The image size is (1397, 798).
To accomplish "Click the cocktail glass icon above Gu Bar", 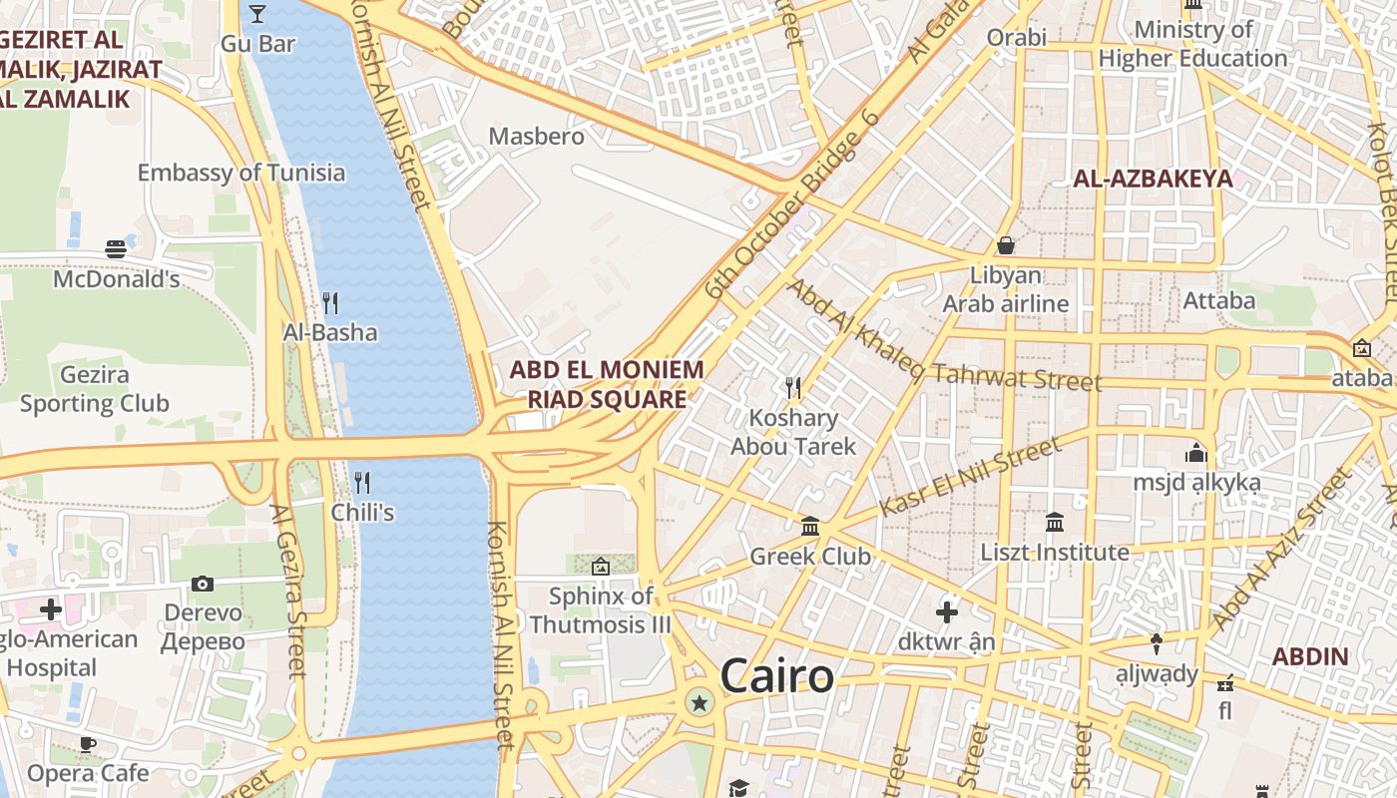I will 257,13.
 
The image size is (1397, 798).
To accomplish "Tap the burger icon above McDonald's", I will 116,248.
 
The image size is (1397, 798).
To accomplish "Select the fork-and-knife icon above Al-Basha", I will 329,302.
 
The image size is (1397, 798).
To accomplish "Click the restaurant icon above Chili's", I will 362,483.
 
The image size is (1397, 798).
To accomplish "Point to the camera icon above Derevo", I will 203,584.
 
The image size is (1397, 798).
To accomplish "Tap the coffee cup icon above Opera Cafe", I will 88,743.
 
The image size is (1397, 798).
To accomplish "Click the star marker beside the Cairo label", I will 699,703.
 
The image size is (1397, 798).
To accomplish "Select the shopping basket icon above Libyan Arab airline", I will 1006,245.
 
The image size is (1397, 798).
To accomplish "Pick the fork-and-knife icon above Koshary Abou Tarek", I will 793,387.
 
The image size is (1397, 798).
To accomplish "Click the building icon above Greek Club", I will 810,526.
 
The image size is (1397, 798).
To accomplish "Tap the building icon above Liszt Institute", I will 1055,522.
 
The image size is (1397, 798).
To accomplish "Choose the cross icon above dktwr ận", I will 947,611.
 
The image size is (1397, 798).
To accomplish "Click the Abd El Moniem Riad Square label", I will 607,384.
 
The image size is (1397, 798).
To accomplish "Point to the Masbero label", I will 536,136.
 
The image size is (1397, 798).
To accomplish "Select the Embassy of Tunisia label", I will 241,173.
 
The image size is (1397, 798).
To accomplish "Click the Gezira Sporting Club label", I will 95,390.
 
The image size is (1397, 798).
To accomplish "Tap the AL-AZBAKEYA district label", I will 1152,180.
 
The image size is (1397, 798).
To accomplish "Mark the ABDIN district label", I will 1310,657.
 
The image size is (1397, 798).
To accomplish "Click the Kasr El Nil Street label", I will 969,479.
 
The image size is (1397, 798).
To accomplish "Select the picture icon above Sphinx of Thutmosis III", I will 601,567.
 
